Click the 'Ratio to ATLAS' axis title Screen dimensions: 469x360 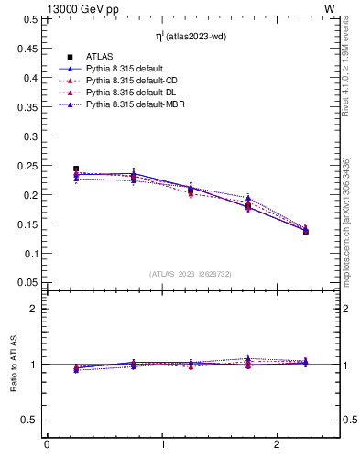14,365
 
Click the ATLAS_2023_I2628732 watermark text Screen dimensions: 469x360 190,274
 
